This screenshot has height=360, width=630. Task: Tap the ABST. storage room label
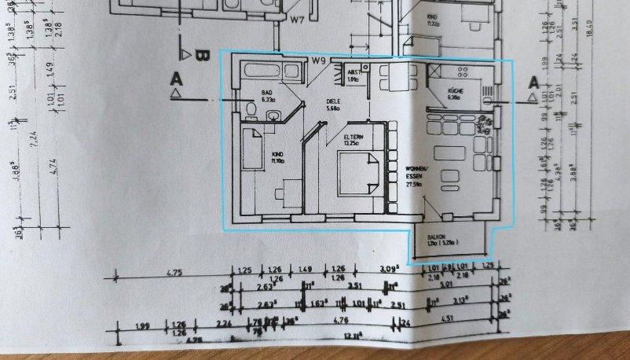coord(354,72)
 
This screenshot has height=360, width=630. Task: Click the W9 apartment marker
coord(318,61)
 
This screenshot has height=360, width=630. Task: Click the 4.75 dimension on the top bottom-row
coord(176,274)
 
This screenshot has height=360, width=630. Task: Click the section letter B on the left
coord(201,57)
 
